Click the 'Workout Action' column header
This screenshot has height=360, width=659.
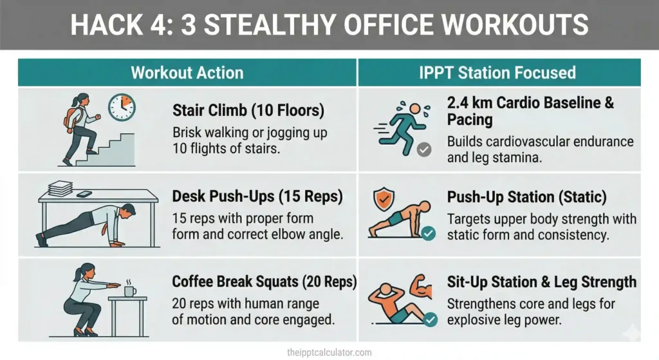(187, 72)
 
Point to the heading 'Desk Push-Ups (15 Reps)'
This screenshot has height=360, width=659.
(256, 197)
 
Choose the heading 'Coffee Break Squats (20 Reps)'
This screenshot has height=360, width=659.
(265, 282)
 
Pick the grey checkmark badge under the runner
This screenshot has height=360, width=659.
(423, 150)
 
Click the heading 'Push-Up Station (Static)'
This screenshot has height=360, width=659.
(527, 197)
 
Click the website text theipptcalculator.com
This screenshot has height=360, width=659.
(329, 352)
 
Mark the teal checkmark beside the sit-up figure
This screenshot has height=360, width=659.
(429, 319)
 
